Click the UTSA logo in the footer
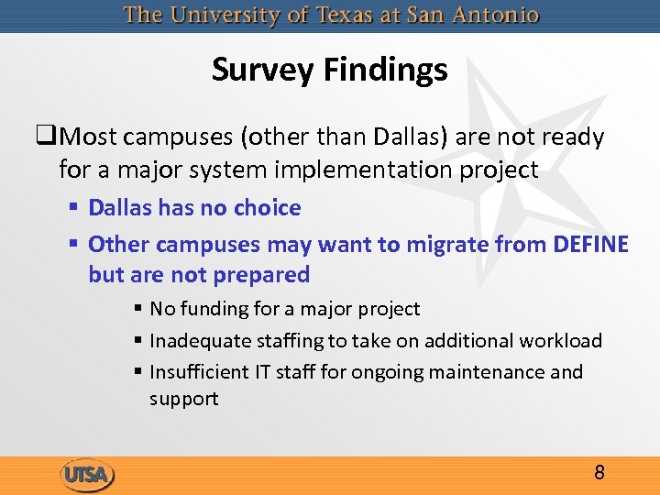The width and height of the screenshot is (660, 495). click(88, 475)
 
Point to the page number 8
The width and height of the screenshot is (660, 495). click(599, 473)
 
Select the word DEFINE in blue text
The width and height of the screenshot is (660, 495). click(591, 245)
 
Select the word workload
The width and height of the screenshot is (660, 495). click(561, 341)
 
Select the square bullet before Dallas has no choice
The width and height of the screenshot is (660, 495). click(74, 209)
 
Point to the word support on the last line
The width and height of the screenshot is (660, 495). click(184, 400)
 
